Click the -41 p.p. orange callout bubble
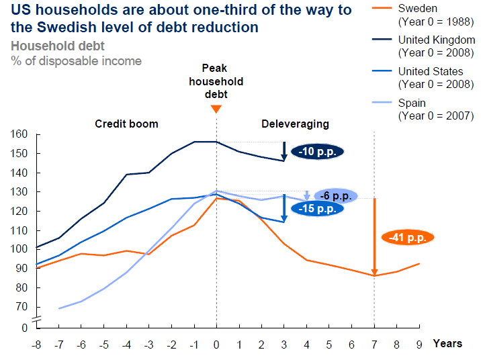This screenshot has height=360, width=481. (408, 237)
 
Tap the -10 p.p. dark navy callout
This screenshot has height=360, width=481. (317, 151)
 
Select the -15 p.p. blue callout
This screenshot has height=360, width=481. (318, 208)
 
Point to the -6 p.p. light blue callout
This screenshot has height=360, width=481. (334, 196)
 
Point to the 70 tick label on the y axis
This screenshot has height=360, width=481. (22, 307)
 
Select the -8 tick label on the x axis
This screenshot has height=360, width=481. (36, 344)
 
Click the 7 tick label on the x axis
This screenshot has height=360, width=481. (374, 344)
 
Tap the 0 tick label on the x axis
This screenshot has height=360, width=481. (216, 344)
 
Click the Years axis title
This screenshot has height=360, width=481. (447, 343)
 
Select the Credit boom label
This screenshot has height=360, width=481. (126, 124)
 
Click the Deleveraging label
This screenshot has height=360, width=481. (295, 124)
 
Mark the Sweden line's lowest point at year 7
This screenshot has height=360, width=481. (374, 275)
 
